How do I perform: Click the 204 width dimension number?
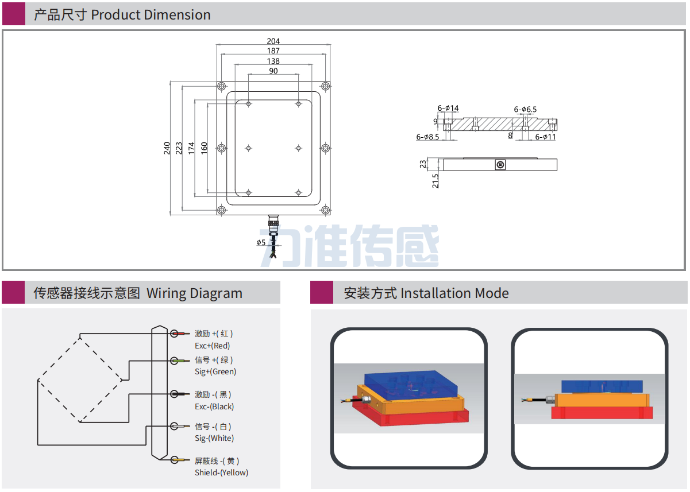pos(273,41)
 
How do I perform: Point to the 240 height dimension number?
pos(167,148)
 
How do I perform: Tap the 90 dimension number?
pos(273,71)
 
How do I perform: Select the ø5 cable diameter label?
pos(261,242)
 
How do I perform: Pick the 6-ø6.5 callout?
pos(525,109)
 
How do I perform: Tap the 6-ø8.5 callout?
pos(427,137)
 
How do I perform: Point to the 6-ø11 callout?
pos(545,137)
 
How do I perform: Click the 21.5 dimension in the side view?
pos(435,180)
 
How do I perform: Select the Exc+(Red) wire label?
pos(212,346)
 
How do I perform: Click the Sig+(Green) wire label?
pos(215,371)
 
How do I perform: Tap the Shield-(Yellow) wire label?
pos(221,472)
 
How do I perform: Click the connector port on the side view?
pos(500,165)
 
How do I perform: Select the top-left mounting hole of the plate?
pos(221,86)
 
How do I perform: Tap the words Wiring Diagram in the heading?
pos(194,293)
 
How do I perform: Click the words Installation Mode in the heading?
pos(454,293)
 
